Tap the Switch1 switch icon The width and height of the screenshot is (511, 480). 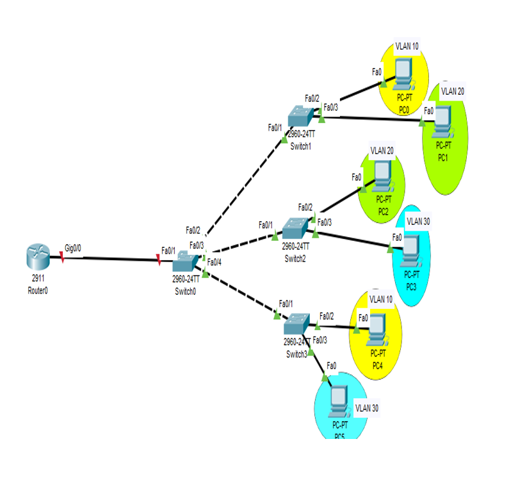(x=299, y=117)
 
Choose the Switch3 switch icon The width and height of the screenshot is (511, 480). (x=296, y=322)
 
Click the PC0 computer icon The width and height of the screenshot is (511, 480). (x=403, y=73)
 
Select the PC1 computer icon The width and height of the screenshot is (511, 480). (x=442, y=119)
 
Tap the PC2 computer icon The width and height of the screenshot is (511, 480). (x=382, y=174)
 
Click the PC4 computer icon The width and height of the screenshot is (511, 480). (x=378, y=327)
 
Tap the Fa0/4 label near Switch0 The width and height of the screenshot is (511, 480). (x=215, y=261)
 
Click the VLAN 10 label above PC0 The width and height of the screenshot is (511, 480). (x=407, y=46)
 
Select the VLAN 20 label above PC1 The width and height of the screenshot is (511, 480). (x=453, y=91)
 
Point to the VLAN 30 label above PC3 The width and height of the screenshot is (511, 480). (x=419, y=220)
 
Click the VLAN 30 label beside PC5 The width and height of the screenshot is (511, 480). (x=367, y=408)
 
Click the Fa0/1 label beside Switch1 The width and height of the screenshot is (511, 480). (x=275, y=127)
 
